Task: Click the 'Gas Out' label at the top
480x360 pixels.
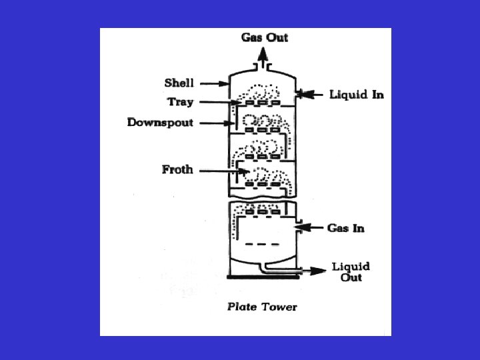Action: pyautogui.click(x=264, y=37)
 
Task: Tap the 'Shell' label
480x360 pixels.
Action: pyautogui.click(x=179, y=83)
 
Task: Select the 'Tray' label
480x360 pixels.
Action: pyautogui.click(x=180, y=101)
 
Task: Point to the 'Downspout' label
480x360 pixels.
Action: pyautogui.click(x=160, y=123)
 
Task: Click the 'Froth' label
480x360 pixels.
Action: pyautogui.click(x=177, y=169)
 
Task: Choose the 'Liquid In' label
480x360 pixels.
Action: pyautogui.click(x=357, y=95)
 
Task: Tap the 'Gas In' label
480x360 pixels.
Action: pyautogui.click(x=345, y=228)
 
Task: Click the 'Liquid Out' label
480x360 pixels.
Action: pyautogui.click(x=351, y=272)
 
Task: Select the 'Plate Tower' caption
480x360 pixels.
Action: pyautogui.click(x=262, y=307)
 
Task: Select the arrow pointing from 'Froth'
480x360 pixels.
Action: pyautogui.click(x=224, y=171)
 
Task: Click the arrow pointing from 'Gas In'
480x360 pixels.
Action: pyautogui.click(x=309, y=228)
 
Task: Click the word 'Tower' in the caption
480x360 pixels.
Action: pyautogui.click(x=280, y=307)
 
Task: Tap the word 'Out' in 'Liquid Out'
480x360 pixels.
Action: pyautogui.click(x=351, y=277)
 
